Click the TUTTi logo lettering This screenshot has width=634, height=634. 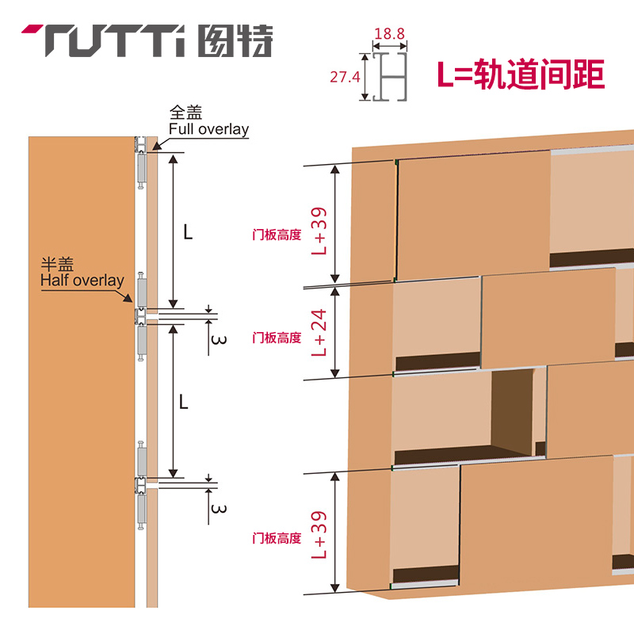tap(111, 40)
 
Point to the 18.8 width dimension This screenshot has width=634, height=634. tap(389, 34)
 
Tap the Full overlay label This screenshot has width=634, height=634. tap(208, 129)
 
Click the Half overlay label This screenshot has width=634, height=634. tap(81, 280)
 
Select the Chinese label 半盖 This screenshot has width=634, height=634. tap(59, 265)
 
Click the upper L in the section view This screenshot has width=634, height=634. tap(187, 232)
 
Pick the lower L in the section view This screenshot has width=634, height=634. tap(183, 402)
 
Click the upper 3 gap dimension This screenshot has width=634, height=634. tap(220, 341)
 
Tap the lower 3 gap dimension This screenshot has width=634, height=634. tap(220, 508)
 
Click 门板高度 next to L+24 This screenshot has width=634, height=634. tap(277, 338)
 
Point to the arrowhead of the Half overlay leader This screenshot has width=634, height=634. tap(132, 301)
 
